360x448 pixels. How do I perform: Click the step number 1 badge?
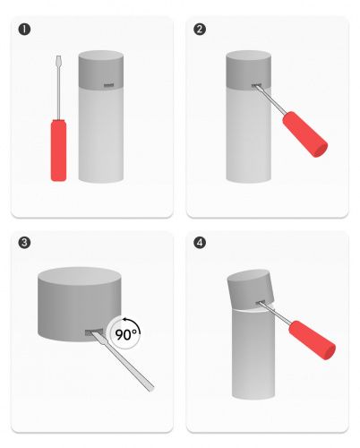pos(24,30)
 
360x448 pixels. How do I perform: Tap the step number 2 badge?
pos(200,30)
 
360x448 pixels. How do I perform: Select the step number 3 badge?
pos(24,242)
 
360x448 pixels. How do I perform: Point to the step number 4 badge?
pos(200,242)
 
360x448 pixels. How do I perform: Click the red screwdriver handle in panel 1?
pos(58,151)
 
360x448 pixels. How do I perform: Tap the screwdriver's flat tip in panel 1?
pos(59,58)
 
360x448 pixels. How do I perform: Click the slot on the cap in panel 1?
pos(108,86)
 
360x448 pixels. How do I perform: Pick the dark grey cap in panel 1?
pos(101,70)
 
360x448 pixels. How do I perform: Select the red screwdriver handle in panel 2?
pos(304,134)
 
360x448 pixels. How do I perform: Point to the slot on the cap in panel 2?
pos(256,86)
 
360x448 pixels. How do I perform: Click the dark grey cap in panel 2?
pos(248,70)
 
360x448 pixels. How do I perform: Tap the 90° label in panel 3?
pos(127,334)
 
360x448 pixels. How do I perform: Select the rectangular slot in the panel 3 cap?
pos(94,332)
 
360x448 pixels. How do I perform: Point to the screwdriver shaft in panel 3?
pos(123,361)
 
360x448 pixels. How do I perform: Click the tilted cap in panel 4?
pos(250,288)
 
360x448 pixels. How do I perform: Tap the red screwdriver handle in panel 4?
pos(313,340)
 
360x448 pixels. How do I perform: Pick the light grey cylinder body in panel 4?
pos(253,354)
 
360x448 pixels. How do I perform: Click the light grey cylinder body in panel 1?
pos(101,134)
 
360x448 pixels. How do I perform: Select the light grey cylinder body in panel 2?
pos(248,134)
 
